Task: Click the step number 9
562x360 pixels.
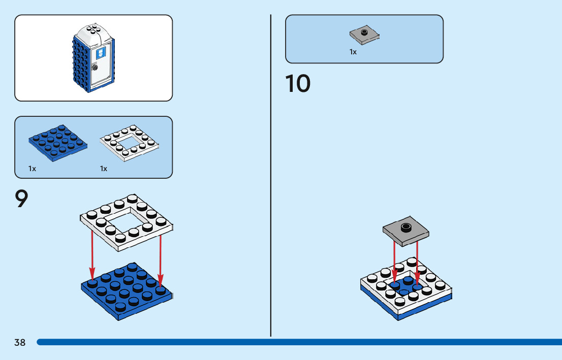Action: pos(21,200)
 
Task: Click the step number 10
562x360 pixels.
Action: pos(298,84)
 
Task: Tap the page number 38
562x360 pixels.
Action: pos(20,343)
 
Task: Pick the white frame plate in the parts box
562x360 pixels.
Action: pos(130,143)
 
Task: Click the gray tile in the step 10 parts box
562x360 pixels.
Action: pos(364,35)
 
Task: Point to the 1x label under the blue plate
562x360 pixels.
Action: pos(33,169)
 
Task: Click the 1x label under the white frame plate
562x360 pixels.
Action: pos(104,169)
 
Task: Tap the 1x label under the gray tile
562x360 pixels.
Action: pos(353,52)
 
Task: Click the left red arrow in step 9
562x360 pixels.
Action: pos(92,253)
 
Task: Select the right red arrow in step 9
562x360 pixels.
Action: pos(160,259)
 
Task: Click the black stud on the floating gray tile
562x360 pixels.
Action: pos(405,226)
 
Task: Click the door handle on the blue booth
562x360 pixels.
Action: pos(95,68)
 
